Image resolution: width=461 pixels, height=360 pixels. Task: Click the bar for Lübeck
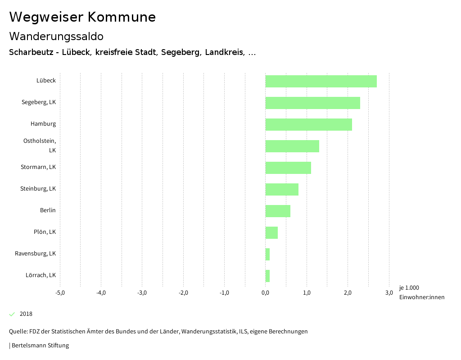[321, 81]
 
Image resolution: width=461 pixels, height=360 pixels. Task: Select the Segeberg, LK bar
[312, 103]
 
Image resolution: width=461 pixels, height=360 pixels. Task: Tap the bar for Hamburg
[308, 124]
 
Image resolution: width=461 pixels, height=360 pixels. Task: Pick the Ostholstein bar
[292, 146]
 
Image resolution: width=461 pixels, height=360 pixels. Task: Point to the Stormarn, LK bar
[288, 168]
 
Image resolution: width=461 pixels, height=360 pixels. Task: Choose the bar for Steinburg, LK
[282, 189]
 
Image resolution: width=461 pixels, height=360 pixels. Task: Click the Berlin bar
[278, 211]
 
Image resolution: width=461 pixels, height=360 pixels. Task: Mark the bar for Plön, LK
[271, 232]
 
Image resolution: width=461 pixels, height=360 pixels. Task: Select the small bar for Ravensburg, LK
[267, 254]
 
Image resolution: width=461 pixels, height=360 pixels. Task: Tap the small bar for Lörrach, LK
[267, 276]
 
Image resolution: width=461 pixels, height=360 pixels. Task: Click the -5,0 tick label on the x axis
[60, 293]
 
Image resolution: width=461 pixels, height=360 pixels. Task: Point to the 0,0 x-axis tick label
[266, 293]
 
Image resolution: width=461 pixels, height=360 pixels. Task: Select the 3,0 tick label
[389, 293]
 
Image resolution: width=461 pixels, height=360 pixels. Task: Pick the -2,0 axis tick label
[183, 293]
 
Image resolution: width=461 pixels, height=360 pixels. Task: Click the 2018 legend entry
[26, 314]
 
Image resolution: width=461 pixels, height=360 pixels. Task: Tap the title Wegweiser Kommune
[82, 17]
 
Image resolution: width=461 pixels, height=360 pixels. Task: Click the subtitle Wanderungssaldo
[56, 36]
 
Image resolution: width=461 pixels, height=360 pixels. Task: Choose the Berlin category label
[48, 210]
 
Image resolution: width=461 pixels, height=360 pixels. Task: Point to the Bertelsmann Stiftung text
[40, 346]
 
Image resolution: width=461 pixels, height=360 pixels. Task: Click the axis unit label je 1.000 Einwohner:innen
[421, 292]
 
